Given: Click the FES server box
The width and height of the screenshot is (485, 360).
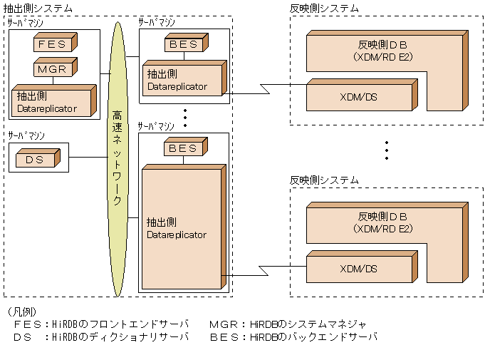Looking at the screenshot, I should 52,44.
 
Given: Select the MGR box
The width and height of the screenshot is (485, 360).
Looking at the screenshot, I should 52,70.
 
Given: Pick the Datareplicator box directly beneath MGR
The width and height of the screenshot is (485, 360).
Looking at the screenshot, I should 53,102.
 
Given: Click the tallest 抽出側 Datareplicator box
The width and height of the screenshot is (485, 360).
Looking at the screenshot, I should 181,228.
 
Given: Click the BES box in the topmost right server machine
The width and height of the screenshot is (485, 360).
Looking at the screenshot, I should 184,45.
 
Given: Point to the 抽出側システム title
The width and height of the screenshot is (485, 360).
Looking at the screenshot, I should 38,8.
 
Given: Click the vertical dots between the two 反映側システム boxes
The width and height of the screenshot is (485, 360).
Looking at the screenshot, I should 387,150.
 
